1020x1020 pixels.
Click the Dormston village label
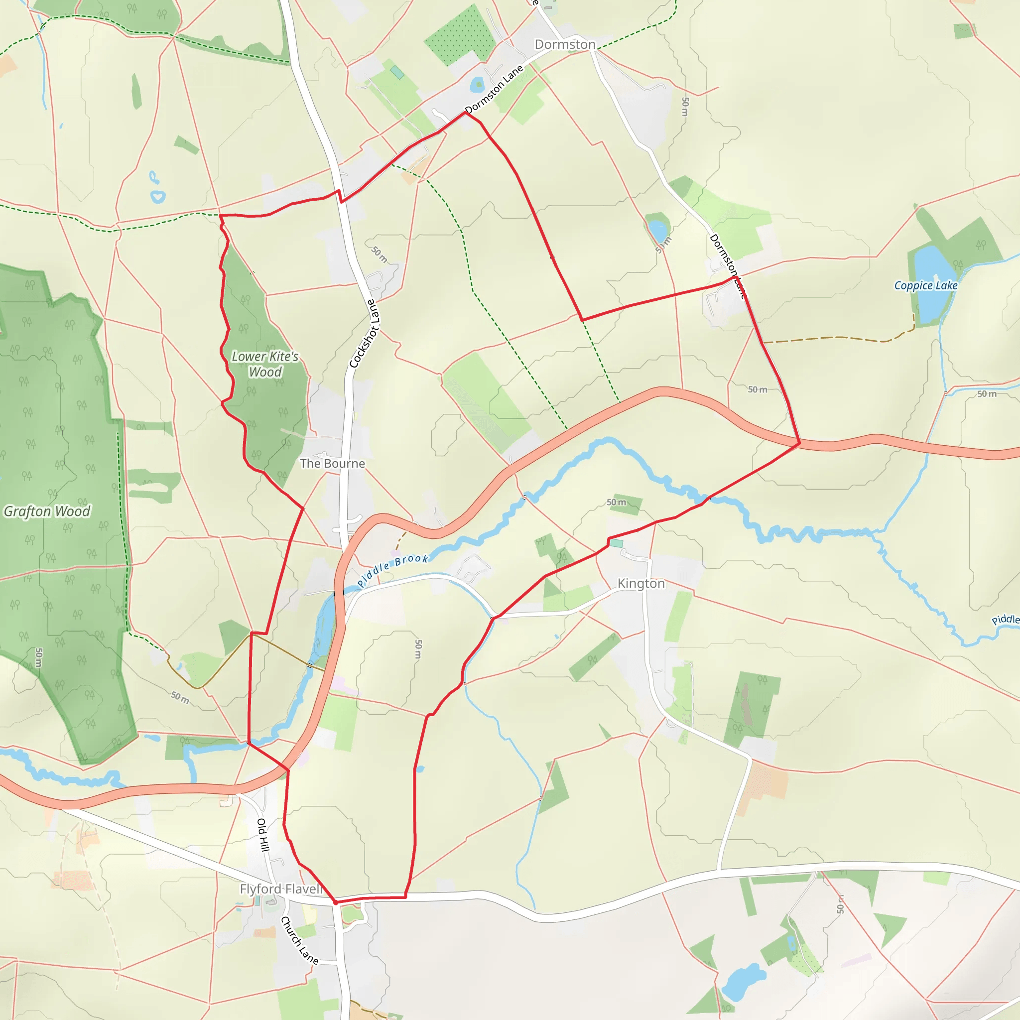[x=565, y=44]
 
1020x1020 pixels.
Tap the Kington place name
[x=641, y=583]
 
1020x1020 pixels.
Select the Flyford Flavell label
[x=281, y=889]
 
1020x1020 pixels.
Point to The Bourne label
[x=332, y=464]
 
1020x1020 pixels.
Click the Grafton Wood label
[x=47, y=511]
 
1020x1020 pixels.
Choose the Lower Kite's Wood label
[x=265, y=364]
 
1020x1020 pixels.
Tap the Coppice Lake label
[x=925, y=285]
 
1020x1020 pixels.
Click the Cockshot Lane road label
[x=364, y=334]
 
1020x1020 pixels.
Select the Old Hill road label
[x=263, y=835]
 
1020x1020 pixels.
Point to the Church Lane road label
[x=299, y=940]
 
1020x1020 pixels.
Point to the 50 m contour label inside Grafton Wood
[x=39, y=657]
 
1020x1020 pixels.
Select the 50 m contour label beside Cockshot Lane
[x=379, y=255]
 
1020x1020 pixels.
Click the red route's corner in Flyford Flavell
[x=335, y=903]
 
